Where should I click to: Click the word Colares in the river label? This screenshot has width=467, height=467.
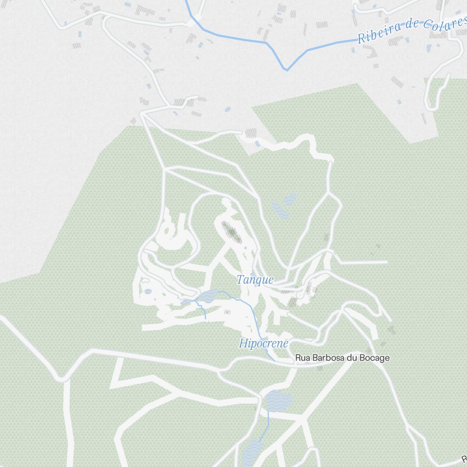pos(446,23)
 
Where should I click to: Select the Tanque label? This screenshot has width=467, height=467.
pos(255,280)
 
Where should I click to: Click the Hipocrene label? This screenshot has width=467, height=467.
pos(263,344)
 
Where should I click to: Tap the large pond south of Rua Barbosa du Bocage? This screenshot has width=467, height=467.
pos(278,400)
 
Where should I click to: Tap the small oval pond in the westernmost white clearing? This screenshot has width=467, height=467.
pos(148,291)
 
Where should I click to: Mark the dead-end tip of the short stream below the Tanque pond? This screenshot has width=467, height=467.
pos(206,319)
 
